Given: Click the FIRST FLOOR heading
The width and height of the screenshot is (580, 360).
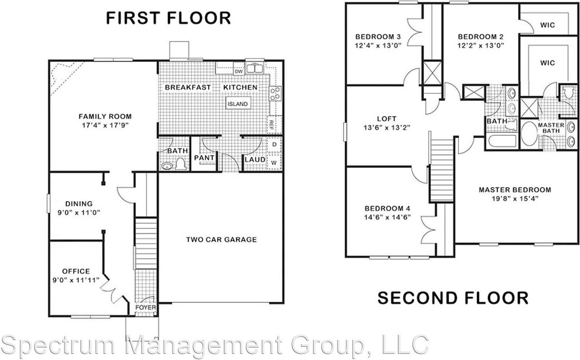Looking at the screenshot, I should click(168, 18).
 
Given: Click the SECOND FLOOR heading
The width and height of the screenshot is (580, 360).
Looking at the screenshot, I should click(453, 298).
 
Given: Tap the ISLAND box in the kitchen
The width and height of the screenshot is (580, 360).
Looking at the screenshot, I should click(237, 104).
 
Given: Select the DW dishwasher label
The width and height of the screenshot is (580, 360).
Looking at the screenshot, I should click(239, 71).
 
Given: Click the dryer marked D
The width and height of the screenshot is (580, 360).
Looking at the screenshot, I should click(274, 145).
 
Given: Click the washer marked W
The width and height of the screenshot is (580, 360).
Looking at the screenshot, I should click(274, 162).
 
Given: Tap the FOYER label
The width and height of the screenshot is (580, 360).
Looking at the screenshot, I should click(146, 308).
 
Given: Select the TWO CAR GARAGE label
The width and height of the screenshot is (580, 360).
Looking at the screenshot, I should click(222, 240).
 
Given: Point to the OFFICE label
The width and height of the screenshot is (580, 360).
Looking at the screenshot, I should click(76, 271).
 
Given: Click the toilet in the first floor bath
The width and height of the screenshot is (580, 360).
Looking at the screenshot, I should click(181, 164).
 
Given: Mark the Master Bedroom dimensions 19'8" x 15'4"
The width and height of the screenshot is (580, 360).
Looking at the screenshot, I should click(515, 198).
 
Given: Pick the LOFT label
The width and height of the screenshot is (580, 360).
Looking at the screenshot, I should click(387, 119).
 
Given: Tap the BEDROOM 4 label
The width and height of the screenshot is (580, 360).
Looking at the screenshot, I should click(387, 208).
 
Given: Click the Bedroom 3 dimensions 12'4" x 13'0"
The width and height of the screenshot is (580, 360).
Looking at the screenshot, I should click(378, 45).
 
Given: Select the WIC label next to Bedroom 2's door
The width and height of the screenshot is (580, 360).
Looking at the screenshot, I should click(547, 25).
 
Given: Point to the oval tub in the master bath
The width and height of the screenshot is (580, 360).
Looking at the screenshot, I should click(528, 134).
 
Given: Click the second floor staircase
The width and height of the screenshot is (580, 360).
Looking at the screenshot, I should click(441, 170).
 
